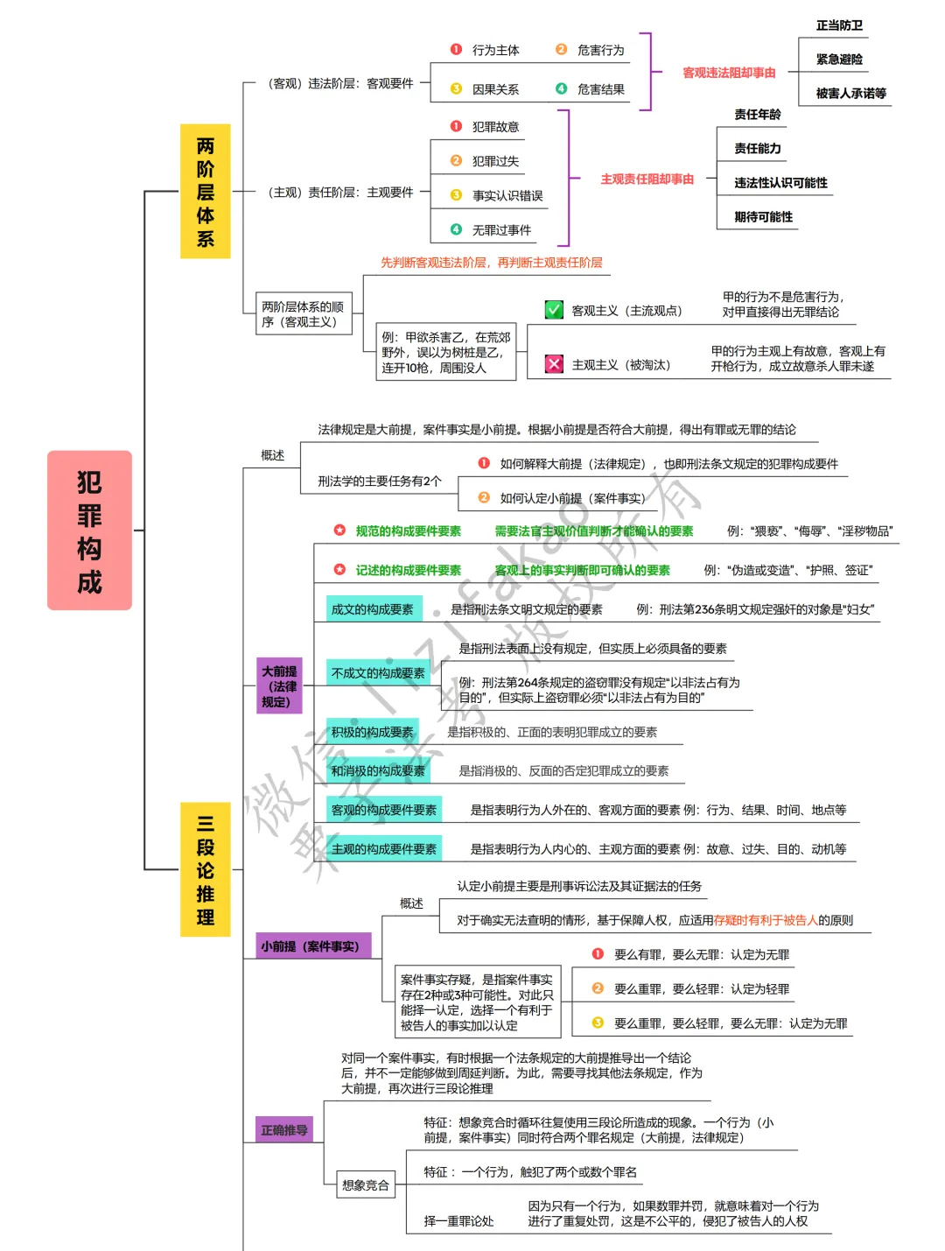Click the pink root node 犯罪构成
tap(89, 531)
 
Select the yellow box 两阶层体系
tap(205, 192)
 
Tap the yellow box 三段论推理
tap(205, 869)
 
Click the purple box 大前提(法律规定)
tap(279, 686)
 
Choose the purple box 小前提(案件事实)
tap(310, 946)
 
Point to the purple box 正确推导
tap(284, 1130)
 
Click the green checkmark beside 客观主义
tap(554, 310)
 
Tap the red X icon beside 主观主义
tap(554, 364)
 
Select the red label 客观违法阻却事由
tap(729, 73)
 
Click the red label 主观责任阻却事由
tap(647, 179)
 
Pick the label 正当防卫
tap(839, 25)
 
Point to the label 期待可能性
tap(763, 216)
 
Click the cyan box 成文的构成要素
tap(373, 609)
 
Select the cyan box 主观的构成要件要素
tap(383, 848)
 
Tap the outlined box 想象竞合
tap(366, 1185)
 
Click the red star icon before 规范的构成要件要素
tap(339, 531)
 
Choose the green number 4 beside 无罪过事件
tap(456, 229)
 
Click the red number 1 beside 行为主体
tap(456, 50)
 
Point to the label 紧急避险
tap(839, 60)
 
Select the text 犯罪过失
tap(495, 161)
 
